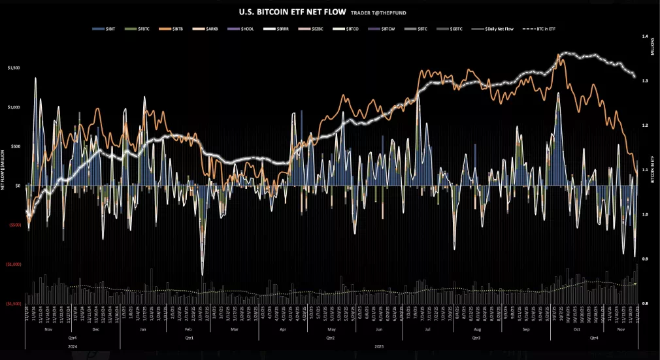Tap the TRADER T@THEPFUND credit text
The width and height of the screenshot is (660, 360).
coord(376,12)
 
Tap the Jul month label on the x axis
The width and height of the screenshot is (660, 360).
coord(427,329)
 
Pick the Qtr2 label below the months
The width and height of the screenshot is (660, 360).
coord(330,338)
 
